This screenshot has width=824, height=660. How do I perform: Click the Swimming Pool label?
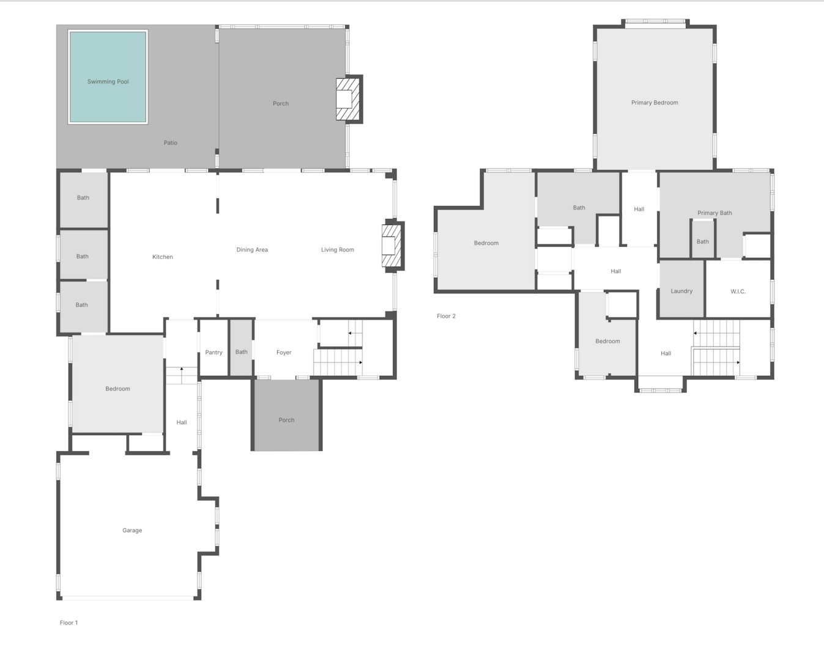[x=108, y=81]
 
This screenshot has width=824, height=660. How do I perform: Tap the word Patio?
[x=171, y=143]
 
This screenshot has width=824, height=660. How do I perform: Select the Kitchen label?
[x=163, y=257]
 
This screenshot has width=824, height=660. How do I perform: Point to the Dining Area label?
[x=252, y=250]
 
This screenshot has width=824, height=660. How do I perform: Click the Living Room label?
[x=337, y=250]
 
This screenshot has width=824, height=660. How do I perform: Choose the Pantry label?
[x=213, y=353]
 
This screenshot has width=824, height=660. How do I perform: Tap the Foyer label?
[x=284, y=353]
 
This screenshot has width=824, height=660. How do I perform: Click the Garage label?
[x=132, y=530]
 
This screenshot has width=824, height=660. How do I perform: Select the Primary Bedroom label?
[x=655, y=103]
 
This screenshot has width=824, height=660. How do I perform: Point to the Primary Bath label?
[x=715, y=213]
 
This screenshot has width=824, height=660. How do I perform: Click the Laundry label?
[x=681, y=291]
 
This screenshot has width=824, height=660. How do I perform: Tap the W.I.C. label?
[x=738, y=291]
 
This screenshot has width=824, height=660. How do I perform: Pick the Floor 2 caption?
[x=446, y=316]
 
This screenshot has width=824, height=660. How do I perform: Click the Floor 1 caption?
[x=69, y=623]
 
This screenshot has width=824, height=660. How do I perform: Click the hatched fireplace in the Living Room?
[x=392, y=246]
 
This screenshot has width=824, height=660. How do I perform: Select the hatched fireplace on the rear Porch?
[x=347, y=100]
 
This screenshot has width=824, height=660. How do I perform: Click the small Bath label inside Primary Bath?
[x=703, y=242]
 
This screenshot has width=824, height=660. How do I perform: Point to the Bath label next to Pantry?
[x=241, y=352]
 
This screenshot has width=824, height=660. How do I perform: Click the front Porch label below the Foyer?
[x=286, y=420]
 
